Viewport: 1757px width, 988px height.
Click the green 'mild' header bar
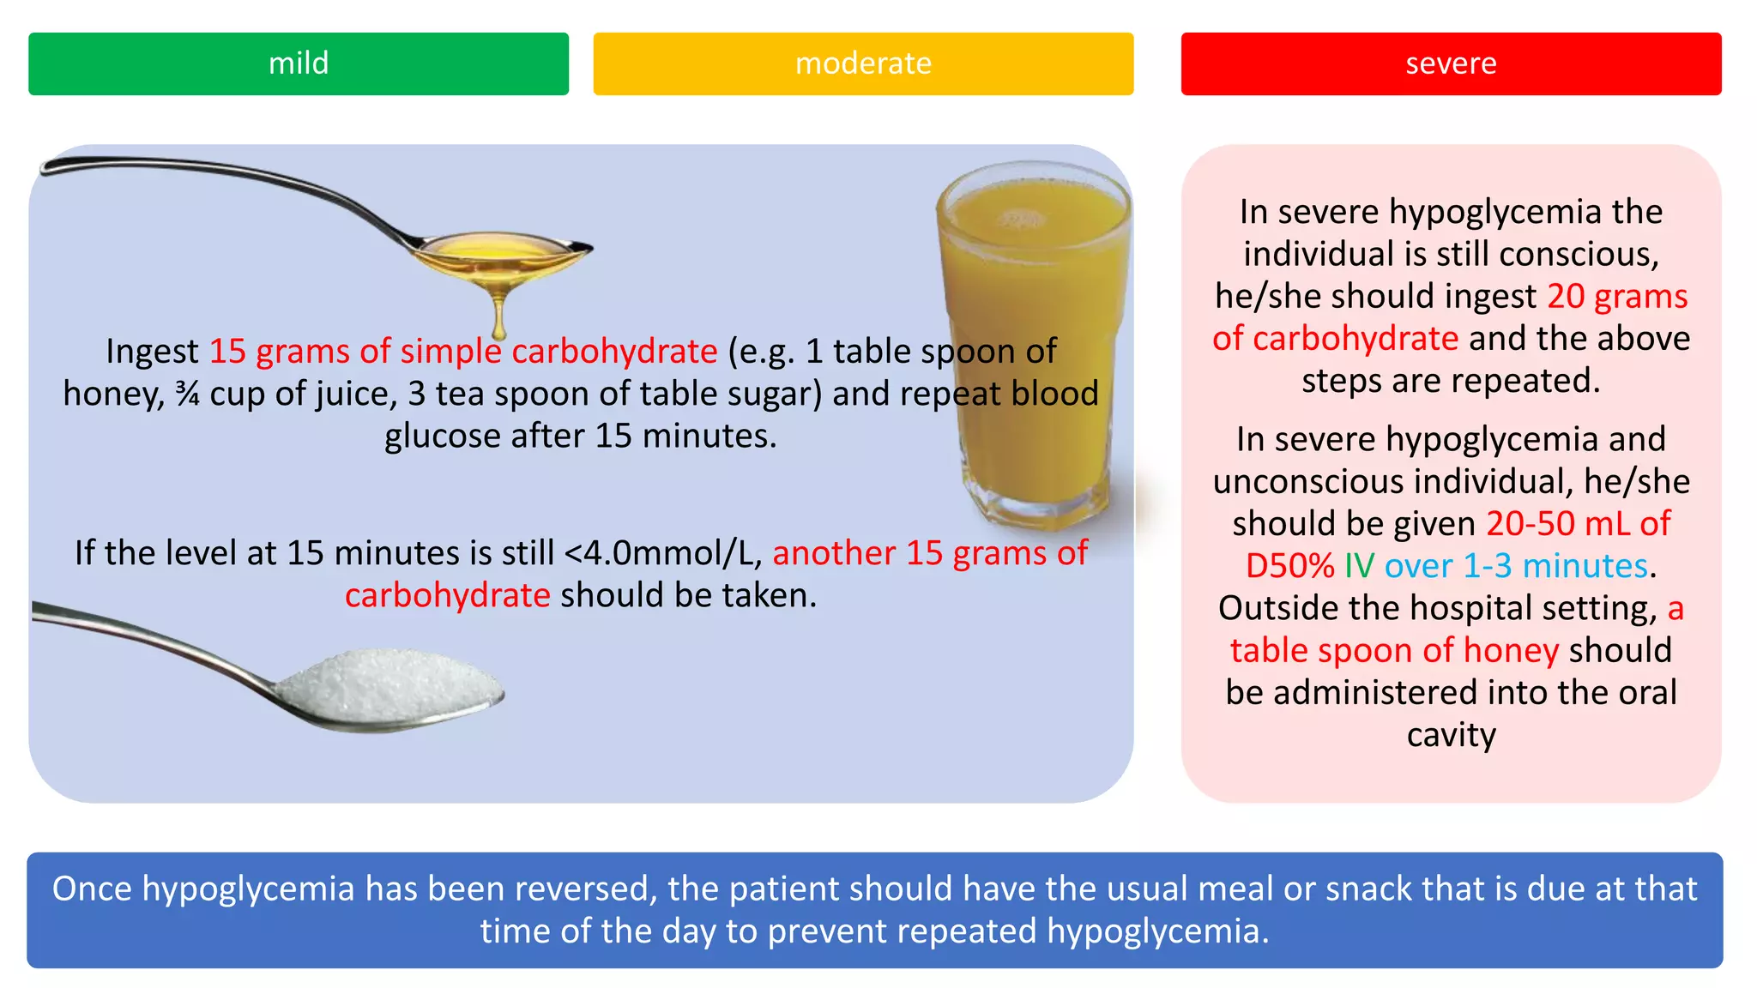click(x=298, y=63)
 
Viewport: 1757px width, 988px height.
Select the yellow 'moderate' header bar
click(x=863, y=63)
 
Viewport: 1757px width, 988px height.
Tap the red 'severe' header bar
click(x=1451, y=63)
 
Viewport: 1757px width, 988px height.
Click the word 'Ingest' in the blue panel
click(x=152, y=352)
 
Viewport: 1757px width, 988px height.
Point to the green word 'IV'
click(x=1359, y=566)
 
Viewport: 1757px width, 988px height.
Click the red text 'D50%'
click(x=1289, y=566)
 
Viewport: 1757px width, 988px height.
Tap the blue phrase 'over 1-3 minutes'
click(x=1516, y=566)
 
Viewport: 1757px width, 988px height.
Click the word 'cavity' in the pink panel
click(x=1451, y=735)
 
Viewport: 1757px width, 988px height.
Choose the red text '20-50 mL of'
click(x=1578, y=524)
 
